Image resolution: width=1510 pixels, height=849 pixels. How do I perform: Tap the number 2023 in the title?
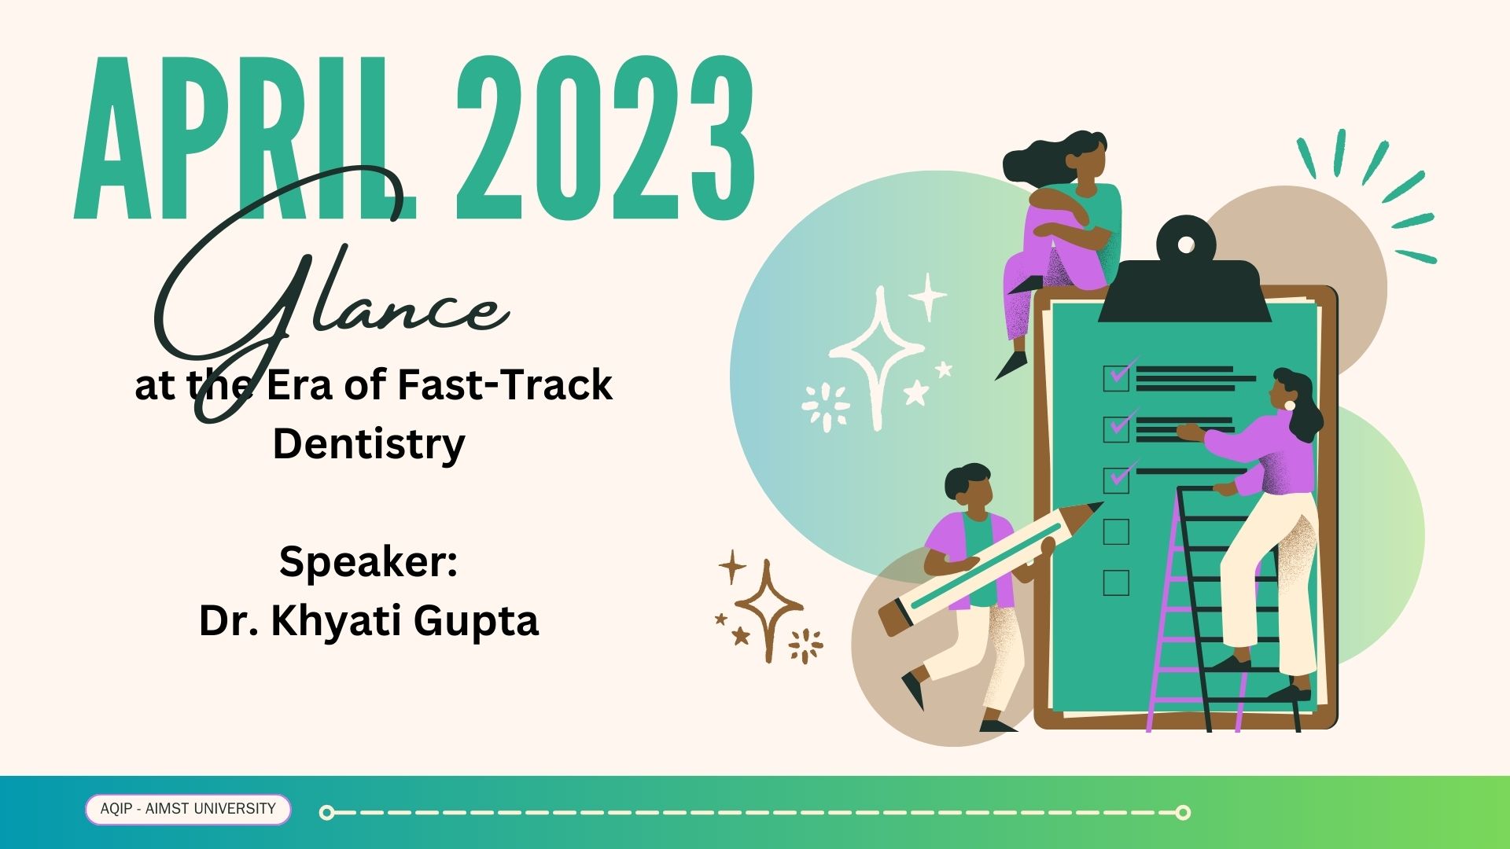[606, 138]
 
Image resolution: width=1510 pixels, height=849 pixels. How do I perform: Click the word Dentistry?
[369, 444]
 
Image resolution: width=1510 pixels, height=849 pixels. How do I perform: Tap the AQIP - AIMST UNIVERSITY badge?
[188, 809]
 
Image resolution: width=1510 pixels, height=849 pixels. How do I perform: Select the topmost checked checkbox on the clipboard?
[1117, 377]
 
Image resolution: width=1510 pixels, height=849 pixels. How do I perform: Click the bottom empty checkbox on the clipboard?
[1116, 583]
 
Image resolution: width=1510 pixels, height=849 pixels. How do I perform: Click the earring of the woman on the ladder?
[1289, 405]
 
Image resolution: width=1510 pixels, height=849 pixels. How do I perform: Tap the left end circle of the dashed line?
[327, 812]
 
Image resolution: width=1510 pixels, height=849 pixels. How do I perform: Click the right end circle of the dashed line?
[1183, 812]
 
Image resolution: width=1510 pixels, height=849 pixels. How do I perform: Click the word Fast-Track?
[504, 385]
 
